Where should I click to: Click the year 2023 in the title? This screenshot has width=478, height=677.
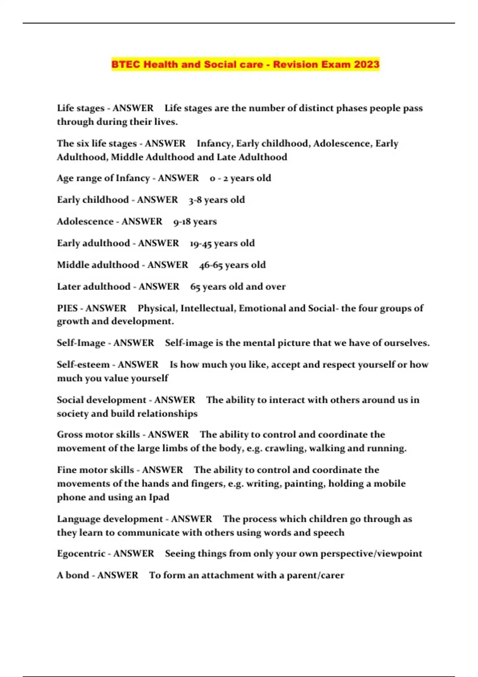tap(366, 65)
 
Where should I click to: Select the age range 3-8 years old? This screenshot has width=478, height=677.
tap(217, 200)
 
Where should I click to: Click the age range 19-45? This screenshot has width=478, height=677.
tap(201, 243)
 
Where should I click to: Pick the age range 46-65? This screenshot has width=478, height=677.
tap(211, 265)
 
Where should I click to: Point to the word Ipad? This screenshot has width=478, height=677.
tap(159, 497)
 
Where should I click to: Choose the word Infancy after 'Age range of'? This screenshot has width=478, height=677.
tap(133, 178)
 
